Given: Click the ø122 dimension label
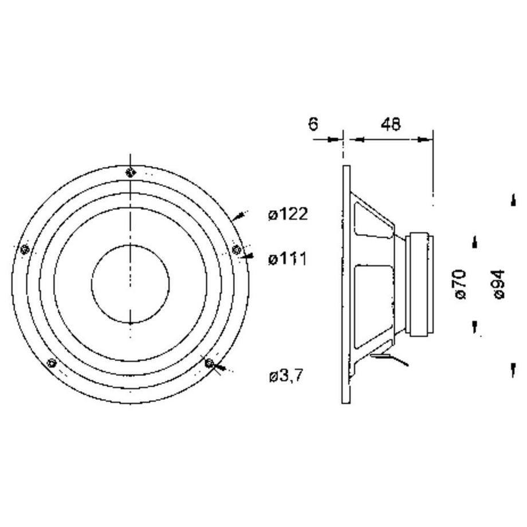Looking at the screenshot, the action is tap(288, 214).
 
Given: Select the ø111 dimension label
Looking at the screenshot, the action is tap(288, 259).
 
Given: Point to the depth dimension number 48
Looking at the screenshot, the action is tap(391, 124).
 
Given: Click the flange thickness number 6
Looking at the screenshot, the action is tap(313, 124).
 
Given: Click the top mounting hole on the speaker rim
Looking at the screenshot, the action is tap(131, 173).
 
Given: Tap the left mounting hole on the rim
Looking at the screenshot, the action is tap(24, 250).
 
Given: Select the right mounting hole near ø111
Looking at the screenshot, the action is tap(237, 250).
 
